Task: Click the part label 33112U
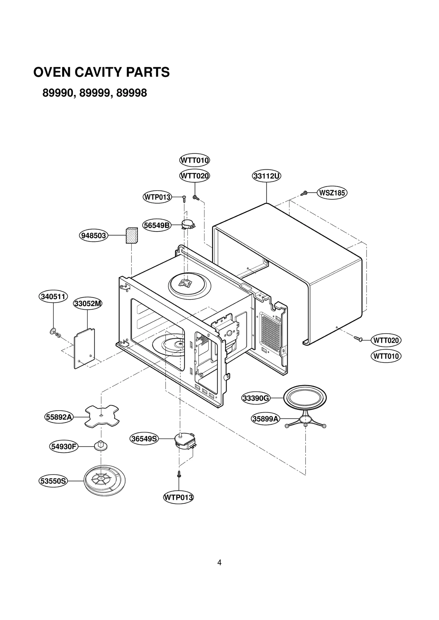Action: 266,176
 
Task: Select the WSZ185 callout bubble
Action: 332,193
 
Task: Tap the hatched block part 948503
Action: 132,235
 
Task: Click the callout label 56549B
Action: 157,225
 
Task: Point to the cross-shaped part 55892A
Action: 102,416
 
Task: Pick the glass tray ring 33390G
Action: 305,398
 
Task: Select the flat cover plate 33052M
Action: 85,349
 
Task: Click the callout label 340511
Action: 53,297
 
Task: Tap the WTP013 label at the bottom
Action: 178,497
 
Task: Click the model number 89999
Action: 96,93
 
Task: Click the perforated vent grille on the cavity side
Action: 271,333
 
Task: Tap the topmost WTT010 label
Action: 195,160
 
